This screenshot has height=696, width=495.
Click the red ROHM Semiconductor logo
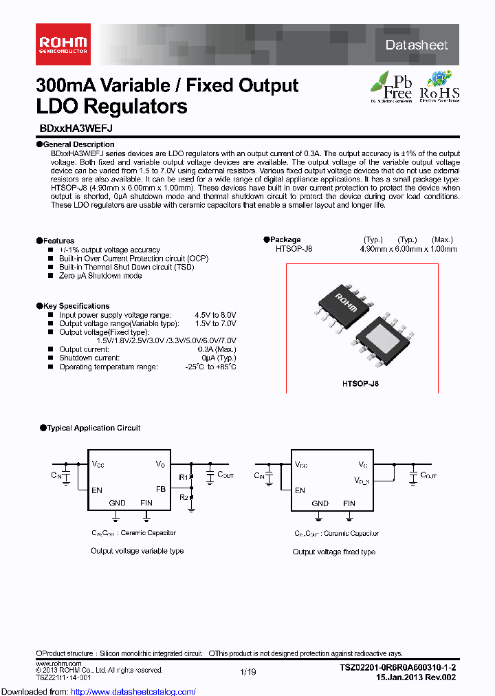click(x=62, y=45)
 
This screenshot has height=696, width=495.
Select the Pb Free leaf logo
click(x=393, y=86)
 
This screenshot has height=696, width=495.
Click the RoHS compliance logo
click(x=439, y=86)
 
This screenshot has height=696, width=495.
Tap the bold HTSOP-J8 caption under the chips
click(x=361, y=384)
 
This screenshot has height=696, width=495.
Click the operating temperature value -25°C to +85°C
click(x=212, y=367)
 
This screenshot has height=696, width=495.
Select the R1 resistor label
click(x=183, y=477)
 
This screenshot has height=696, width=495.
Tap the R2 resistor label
click(x=183, y=497)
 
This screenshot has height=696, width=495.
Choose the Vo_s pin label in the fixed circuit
click(x=362, y=480)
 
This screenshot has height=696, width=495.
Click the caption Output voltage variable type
click(x=137, y=551)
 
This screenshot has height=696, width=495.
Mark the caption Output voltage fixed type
click(x=333, y=552)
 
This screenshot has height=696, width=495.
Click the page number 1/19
click(x=247, y=672)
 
